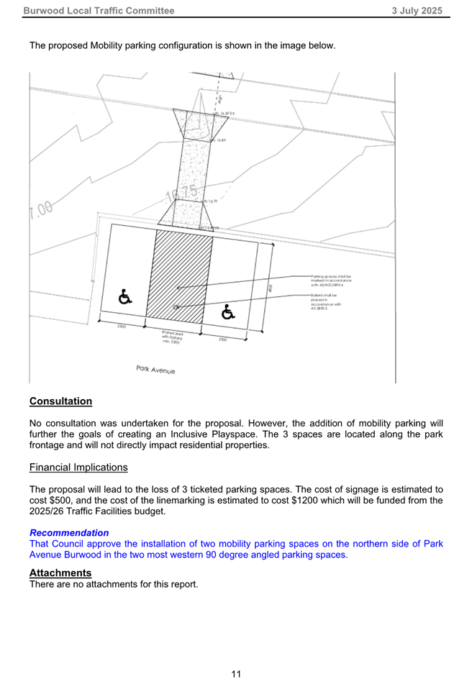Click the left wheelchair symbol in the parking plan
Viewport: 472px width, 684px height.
[124, 296]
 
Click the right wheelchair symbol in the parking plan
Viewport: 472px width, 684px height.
[228, 311]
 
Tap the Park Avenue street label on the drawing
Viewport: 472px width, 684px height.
[155, 370]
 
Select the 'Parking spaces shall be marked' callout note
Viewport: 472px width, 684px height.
[330, 281]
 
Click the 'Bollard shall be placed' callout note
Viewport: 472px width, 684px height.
[326, 301]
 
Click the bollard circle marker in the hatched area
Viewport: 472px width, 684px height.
[178, 307]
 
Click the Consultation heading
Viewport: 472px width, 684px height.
[60, 401]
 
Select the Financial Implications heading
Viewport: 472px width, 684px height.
[78, 468]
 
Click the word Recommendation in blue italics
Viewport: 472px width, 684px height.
[69, 533]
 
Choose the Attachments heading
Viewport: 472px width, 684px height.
[60, 573]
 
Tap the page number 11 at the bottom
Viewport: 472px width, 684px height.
[236, 674]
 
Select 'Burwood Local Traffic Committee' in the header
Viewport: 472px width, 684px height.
[99, 10]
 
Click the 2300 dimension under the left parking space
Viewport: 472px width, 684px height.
[122, 327]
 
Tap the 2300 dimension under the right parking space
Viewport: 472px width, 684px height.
[223, 339]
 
